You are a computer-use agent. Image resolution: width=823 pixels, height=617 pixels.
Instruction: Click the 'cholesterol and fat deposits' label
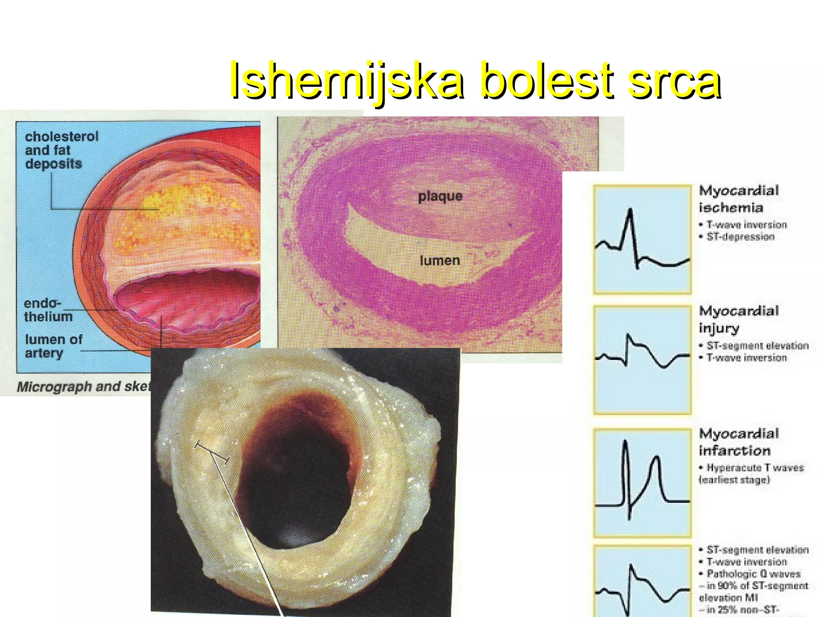click(x=61, y=150)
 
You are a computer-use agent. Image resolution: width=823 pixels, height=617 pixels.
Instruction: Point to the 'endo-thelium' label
click(x=47, y=310)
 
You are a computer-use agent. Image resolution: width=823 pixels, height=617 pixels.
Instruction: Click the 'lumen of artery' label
click(x=53, y=346)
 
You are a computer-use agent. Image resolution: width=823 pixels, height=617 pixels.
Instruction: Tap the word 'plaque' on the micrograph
click(x=440, y=196)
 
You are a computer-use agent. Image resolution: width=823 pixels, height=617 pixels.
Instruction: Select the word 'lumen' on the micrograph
click(x=440, y=261)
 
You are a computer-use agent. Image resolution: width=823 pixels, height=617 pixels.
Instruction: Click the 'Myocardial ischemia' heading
click(x=739, y=199)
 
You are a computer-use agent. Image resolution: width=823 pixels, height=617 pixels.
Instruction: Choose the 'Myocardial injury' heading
click(x=739, y=319)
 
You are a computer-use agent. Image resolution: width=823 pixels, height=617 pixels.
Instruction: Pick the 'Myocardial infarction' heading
click(x=739, y=442)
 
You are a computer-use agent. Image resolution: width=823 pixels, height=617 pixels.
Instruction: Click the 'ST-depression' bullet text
click(x=740, y=237)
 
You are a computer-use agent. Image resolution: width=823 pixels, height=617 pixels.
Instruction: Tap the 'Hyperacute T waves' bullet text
click(x=755, y=468)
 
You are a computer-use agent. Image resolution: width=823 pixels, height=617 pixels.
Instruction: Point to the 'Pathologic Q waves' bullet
click(x=753, y=574)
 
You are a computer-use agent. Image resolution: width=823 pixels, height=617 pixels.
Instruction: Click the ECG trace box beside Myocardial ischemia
click(x=642, y=239)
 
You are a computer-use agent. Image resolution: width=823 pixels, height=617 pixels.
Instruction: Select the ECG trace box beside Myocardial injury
click(x=642, y=360)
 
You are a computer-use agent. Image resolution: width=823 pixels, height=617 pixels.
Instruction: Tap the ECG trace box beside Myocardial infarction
click(x=642, y=483)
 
